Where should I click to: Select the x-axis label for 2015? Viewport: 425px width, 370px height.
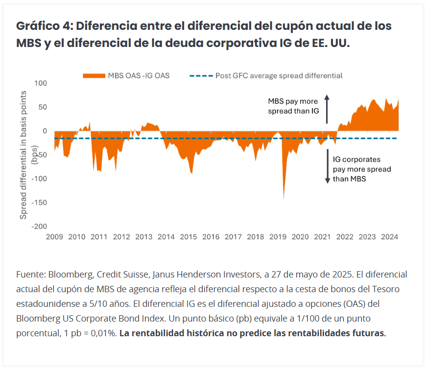click(x=188, y=237)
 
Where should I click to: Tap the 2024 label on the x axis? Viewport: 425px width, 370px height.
click(x=389, y=237)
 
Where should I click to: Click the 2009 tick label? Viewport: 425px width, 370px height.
click(x=54, y=237)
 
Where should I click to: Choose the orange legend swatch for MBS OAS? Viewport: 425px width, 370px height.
click(x=94, y=76)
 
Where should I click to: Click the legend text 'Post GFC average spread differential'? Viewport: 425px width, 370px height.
click(x=279, y=76)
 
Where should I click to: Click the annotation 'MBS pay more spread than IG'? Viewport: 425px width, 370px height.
click(x=293, y=106)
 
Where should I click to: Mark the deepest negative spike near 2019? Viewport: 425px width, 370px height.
click(x=284, y=198)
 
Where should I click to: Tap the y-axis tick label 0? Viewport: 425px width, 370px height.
click(x=44, y=131)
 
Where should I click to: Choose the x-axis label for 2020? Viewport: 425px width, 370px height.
click(x=300, y=237)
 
